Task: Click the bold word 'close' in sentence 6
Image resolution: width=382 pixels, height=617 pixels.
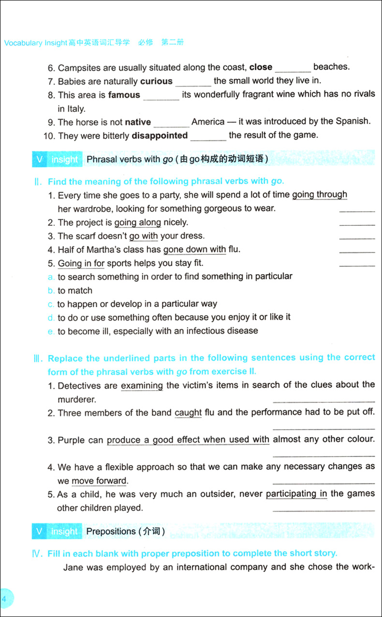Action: pyautogui.click(x=261, y=67)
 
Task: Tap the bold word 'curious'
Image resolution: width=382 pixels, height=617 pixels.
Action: pyautogui.click(x=156, y=81)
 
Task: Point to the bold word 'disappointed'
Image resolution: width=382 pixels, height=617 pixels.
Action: pyautogui.click(x=160, y=136)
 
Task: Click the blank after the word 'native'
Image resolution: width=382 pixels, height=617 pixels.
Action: pyautogui.click(x=171, y=123)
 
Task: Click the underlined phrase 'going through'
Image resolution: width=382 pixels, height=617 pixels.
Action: pyautogui.click(x=320, y=195)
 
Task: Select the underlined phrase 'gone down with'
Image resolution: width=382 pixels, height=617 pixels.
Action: pyautogui.click(x=194, y=250)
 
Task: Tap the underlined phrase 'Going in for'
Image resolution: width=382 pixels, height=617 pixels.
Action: pyautogui.click(x=81, y=264)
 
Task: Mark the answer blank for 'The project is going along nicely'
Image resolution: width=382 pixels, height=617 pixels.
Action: pyautogui.click(x=357, y=223)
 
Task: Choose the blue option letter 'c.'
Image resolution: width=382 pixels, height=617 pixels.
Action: pyautogui.click(x=51, y=304)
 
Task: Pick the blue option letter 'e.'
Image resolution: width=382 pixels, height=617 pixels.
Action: pyautogui.click(x=51, y=331)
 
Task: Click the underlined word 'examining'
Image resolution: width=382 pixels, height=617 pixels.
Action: pyautogui.click(x=142, y=386)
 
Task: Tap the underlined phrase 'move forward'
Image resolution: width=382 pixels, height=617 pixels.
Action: pyautogui.click(x=99, y=481)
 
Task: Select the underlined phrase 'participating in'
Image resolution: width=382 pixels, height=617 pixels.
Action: pyautogui.click(x=296, y=494)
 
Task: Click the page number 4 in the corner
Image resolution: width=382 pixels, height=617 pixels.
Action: pyautogui.click(x=4, y=599)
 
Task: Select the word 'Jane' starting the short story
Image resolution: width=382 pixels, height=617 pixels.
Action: pyautogui.click(x=73, y=567)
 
